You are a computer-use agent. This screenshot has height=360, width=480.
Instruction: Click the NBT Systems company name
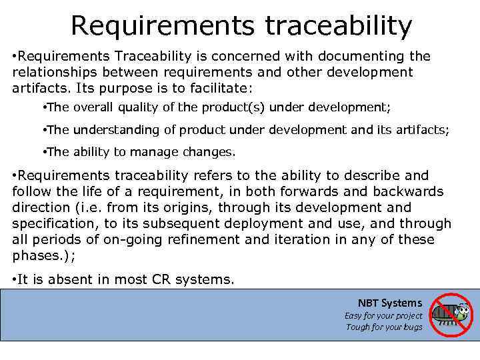click(x=389, y=303)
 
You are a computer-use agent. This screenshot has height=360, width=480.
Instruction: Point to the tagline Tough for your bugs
click(x=384, y=327)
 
